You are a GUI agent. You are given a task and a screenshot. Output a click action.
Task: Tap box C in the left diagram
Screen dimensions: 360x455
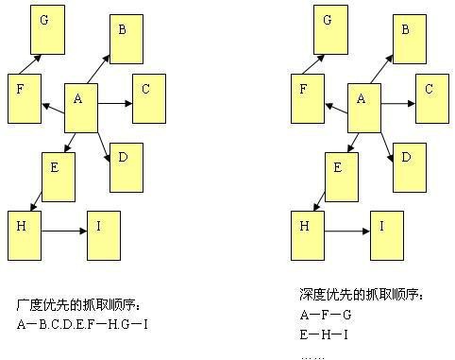(149, 98)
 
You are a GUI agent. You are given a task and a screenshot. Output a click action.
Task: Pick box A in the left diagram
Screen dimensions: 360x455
(80, 108)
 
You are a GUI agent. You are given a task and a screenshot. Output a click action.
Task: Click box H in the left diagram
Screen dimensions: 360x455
(25, 235)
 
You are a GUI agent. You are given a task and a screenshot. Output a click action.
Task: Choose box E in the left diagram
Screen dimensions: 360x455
(58, 176)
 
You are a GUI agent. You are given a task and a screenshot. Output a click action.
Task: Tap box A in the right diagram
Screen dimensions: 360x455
(363, 108)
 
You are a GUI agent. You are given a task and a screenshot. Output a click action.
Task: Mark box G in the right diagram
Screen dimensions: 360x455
(329, 27)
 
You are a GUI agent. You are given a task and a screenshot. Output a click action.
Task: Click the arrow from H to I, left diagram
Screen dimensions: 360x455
(65, 229)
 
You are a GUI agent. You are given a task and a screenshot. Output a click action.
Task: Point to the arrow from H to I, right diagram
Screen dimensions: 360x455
(347, 229)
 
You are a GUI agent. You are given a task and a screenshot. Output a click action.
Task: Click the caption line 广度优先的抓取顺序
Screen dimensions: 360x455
(78, 304)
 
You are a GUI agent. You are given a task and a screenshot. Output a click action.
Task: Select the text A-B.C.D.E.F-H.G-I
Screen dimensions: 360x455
(83, 324)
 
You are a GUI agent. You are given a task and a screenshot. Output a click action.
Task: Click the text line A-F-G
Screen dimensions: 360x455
(325, 315)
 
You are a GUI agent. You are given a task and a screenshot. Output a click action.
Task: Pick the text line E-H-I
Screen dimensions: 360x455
(325, 334)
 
